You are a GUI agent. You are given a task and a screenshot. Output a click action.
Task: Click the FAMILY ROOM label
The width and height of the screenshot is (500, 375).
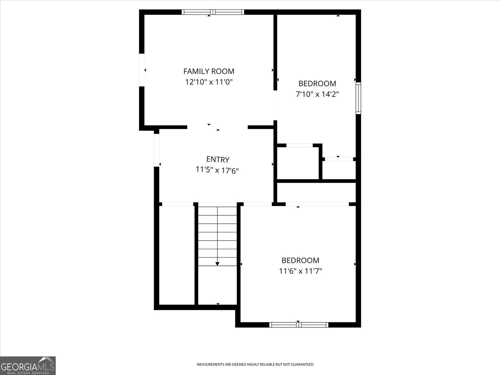point(209,72)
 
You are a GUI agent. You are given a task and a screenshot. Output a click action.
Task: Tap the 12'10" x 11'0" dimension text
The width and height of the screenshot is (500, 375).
point(209,82)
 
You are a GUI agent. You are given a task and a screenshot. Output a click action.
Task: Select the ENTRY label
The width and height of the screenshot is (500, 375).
point(218,159)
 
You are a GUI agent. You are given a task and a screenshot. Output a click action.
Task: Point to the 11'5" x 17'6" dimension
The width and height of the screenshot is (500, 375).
point(217,170)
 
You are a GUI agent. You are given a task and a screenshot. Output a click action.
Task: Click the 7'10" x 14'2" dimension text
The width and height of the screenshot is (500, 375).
point(317,94)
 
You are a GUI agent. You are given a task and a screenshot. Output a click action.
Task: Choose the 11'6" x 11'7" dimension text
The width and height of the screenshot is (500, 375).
point(300,271)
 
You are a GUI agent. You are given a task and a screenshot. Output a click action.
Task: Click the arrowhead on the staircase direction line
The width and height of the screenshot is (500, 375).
point(217,264)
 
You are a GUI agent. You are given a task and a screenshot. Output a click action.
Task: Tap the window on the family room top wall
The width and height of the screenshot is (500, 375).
point(213,12)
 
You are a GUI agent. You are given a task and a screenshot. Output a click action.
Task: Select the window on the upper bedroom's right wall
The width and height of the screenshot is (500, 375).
point(358,98)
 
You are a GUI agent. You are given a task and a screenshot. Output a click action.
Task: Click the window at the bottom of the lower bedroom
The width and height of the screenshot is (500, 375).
point(299,325)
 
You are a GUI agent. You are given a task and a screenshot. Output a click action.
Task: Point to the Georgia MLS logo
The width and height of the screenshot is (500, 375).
point(28,366)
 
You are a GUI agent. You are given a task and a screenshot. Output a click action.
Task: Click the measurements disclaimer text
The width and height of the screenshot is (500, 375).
point(255,364)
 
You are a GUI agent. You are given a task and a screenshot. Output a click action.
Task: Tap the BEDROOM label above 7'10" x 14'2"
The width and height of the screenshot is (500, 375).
point(317,83)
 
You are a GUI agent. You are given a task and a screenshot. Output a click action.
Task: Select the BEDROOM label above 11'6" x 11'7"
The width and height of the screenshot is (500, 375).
point(300,260)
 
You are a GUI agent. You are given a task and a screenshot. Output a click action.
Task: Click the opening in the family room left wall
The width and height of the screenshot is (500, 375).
point(142,70)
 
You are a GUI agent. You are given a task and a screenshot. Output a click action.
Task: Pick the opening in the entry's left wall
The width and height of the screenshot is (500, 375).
point(157,150)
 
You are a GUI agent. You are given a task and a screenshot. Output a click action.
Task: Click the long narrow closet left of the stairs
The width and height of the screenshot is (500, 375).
point(177,255)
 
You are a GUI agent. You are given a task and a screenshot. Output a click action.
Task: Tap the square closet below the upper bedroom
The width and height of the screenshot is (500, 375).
point(298,163)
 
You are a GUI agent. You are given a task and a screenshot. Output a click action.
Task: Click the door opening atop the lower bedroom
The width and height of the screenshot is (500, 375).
point(317,204)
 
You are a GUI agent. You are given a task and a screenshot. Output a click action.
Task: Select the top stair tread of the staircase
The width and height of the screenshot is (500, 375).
point(217,211)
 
